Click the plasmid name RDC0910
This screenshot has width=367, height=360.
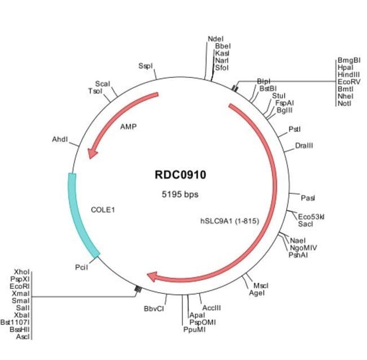tap(180, 175)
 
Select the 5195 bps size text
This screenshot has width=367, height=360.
tap(180, 194)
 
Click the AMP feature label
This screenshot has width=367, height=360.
tap(129, 127)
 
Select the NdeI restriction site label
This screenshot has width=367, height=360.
tap(216, 38)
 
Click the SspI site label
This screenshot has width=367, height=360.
tap(146, 66)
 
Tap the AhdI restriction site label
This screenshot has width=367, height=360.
tap(60, 139)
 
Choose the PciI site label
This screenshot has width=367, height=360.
tap(81, 267)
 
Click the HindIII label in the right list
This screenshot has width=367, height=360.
tap(348, 74)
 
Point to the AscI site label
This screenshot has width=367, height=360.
tap(23, 336)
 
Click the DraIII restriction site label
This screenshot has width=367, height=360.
tap(304, 146)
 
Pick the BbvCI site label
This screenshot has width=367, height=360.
tap(154, 309)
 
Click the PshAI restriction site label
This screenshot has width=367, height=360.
tap(298, 255)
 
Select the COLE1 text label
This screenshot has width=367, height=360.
tap(103, 209)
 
